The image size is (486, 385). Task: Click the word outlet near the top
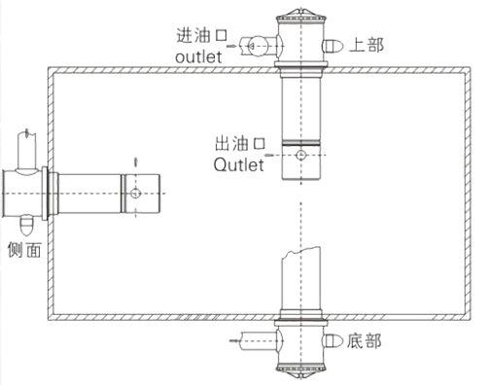coord(198,57)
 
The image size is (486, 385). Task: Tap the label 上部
coord(367,45)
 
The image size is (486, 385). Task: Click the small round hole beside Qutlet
coord(302,155)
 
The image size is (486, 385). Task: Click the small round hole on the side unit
coord(137,194)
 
